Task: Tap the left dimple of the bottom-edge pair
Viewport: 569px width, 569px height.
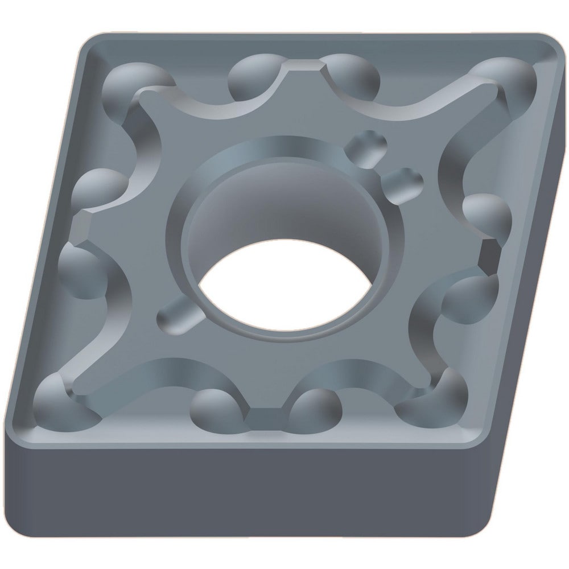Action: [216, 407]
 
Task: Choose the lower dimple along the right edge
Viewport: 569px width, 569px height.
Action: [467, 296]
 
